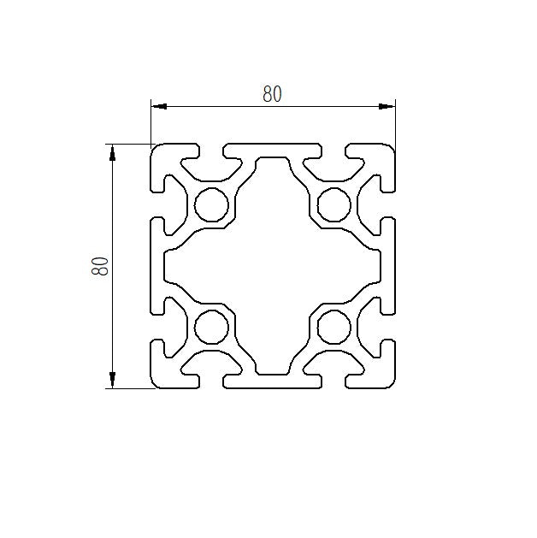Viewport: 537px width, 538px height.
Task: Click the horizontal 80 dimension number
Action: pyautogui.click(x=272, y=94)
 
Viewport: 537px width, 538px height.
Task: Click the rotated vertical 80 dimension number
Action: pyautogui.click(x=100, y=266)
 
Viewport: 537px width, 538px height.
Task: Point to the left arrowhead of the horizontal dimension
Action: pyautogui.click(x=159, y=106)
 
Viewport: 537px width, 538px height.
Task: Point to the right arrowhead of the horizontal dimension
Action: pyautogui.click(x=387, y=106)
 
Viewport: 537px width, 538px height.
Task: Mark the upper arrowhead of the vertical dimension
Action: pyautogui.click(x=112, y=152)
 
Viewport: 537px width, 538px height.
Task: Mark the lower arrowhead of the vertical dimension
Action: pyautogui.click(x=112, y=380)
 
